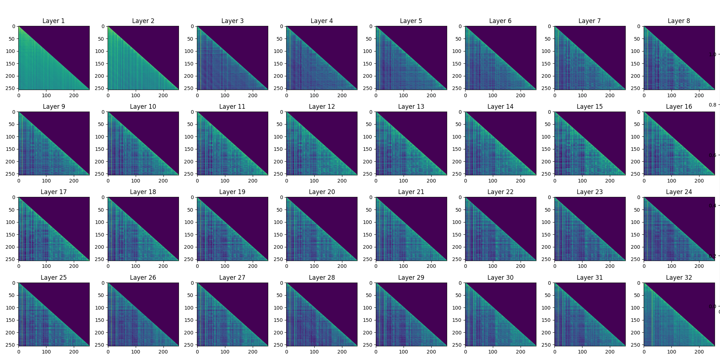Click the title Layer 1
coord(54,21)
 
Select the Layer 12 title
coord(321,107)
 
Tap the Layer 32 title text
coord(679,278)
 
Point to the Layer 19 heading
coord(232,192)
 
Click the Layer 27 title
coord(232,278)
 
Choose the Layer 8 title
coord(679,21)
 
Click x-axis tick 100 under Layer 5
coord(403,95)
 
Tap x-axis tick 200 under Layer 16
coord(699,181)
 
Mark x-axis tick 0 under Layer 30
coord(465,352)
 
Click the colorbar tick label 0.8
coord(712,105)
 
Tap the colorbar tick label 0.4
coord(712,206)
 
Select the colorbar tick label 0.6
coord(712,155)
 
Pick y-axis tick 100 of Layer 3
coord(189,51)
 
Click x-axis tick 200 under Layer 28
coord(342,352)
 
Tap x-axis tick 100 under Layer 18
coord(135,266)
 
